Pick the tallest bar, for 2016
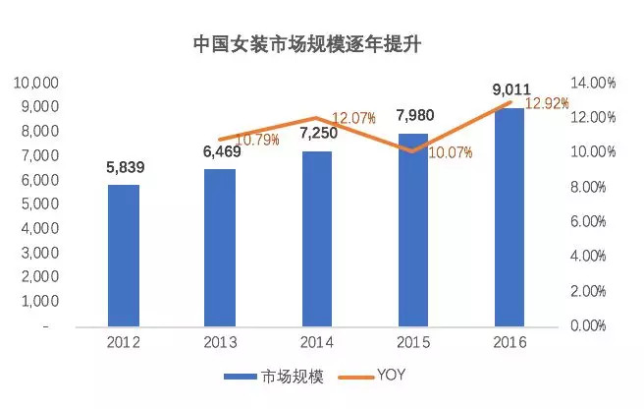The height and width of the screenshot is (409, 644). (x=510, y=216)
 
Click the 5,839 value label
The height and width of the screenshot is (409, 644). (x=124, y=167)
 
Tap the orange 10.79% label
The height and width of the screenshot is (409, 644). (x=257, y=140)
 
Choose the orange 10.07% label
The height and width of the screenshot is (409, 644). (x=452, y=152)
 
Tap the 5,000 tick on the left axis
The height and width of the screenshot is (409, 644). (x=37, y=204)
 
